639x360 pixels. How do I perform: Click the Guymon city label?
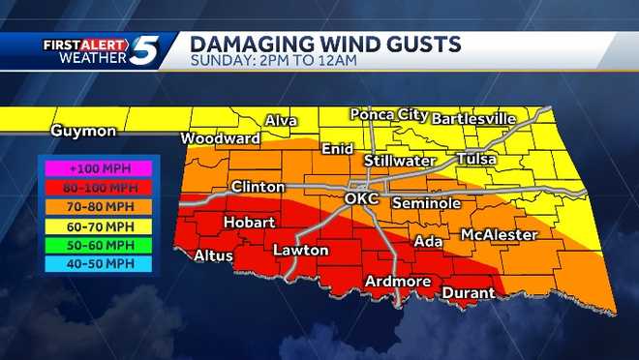click(84, 131)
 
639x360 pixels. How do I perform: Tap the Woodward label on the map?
click(220, 138)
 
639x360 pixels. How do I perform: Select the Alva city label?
click(283, 121)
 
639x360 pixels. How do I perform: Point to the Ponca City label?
click(388, 114)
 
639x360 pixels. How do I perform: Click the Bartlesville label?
click(474, 118)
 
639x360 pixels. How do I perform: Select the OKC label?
click(364, 198)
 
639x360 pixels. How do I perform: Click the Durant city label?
click(469, 292)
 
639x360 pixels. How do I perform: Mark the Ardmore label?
click(397, 282)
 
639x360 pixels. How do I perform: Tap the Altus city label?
click(213, 255)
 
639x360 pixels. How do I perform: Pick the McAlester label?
click(499, 235)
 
